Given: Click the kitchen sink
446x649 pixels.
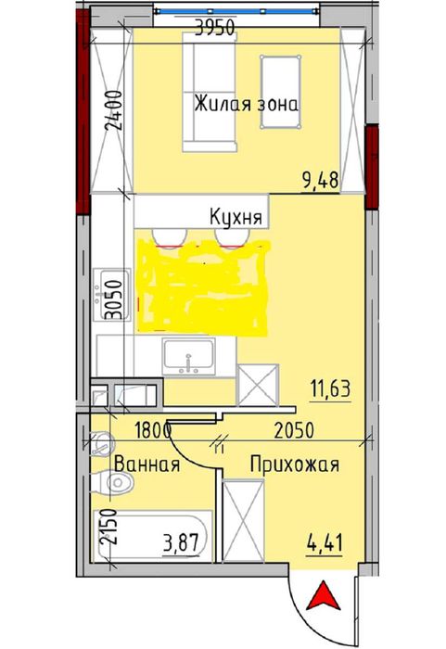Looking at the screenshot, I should (190, 358).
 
